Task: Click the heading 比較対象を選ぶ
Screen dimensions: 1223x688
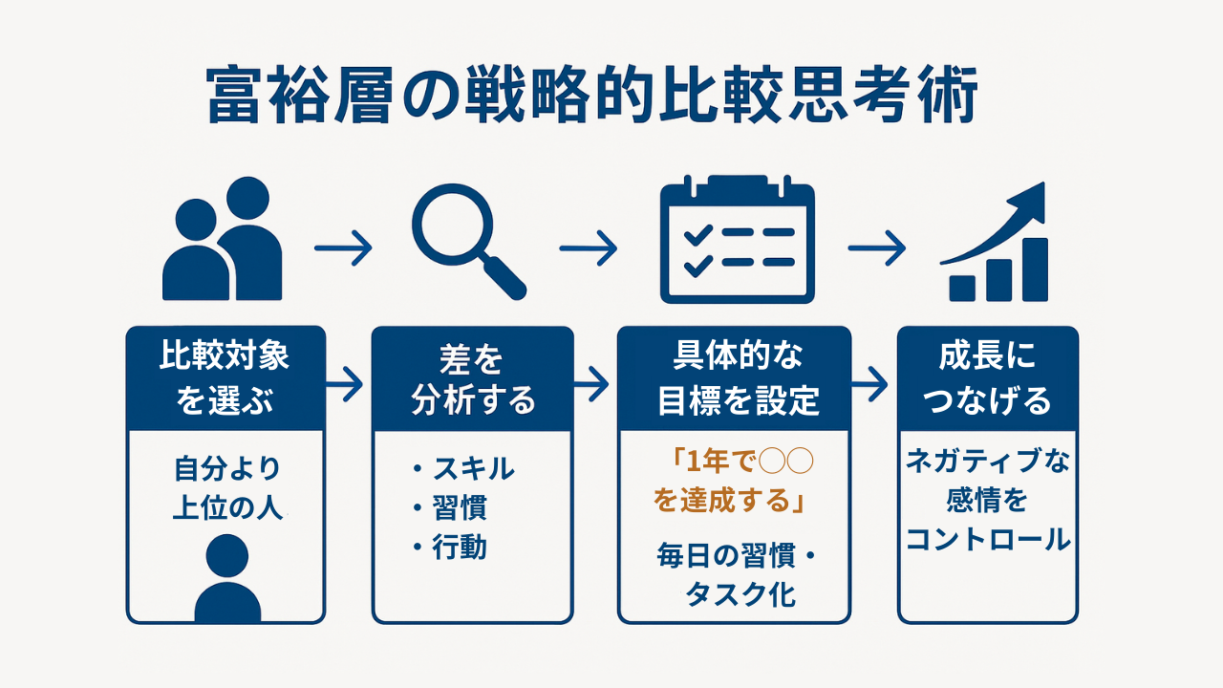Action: (x=225, y=377)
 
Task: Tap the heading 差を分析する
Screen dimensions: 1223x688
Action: (x=473, y=379)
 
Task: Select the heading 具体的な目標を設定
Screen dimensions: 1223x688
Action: (x=738, y=377)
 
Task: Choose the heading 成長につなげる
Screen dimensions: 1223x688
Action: (x=987, y=377)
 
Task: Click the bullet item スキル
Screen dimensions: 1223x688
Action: (x=473, y=468)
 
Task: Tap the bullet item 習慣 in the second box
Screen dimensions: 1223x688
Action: (x=460, y=507)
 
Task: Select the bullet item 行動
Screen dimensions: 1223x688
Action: (x=460, y=548)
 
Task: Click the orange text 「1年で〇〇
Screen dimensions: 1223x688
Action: (x=742, y=462)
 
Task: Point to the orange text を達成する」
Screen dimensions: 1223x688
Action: (x=729, y=501)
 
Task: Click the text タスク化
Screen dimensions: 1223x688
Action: (x=740, y=594)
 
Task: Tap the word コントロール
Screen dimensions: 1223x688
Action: (x=988, y=540)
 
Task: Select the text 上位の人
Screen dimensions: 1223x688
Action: (x=227, y=507)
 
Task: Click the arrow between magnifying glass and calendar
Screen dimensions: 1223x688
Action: (x=589, y=248)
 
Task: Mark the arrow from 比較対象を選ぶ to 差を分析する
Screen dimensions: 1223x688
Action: (x=345, y=384)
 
